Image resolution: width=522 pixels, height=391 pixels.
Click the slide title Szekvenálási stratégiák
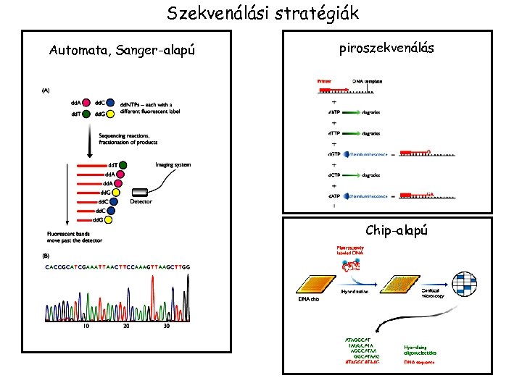click(262, 13)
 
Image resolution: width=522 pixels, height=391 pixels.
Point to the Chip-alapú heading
click(397, 230)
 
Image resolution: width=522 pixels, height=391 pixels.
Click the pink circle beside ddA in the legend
click(88, 104)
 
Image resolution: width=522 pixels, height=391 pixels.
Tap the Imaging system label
click(173, 165)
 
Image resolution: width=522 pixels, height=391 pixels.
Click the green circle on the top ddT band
click(123, 165)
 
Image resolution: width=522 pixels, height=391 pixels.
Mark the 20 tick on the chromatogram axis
click(126, 326)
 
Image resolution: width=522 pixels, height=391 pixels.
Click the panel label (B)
click(46, 256)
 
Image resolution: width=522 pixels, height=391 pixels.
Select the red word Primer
click(324, 81)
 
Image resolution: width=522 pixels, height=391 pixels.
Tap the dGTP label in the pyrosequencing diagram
click(334, 154)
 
